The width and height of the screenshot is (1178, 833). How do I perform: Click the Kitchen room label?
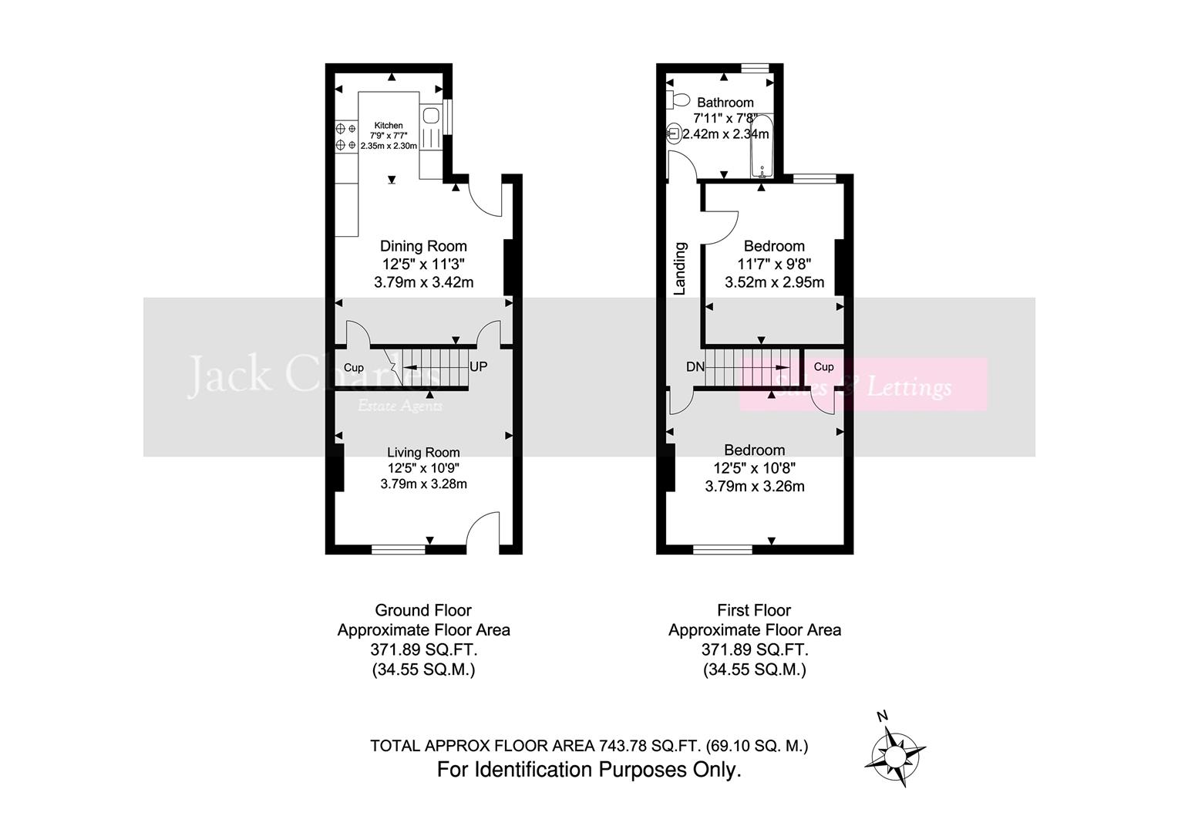(x=389, y=126)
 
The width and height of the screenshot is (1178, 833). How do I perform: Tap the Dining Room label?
(x=423, y=246)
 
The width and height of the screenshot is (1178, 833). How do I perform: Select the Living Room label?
(x=423, y=453)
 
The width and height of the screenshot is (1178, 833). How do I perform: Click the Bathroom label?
(x=725, y=103)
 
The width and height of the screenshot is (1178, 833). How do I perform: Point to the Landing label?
(x=680, y=268)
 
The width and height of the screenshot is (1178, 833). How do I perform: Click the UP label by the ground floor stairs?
(x=478, y=367)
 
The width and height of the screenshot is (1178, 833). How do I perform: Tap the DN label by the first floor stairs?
(x=695, y=367)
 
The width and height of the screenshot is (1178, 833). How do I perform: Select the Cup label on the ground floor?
(x=354, y=368)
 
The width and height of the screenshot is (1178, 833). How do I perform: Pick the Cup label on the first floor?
(x=823, y=367)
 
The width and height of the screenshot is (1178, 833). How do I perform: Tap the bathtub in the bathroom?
(x=762, y=147)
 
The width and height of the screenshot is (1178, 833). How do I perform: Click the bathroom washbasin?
(x=673, y=133)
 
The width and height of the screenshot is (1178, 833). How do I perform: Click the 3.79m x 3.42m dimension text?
(x=423, y=282)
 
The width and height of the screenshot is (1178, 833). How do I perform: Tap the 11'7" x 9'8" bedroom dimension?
(x=774, y=265)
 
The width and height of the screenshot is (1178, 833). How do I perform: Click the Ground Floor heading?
(x=423, y=610)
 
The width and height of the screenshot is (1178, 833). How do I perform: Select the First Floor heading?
(x=754, y=610)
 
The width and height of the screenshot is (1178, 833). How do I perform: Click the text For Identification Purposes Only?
(x=589, y=770)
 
